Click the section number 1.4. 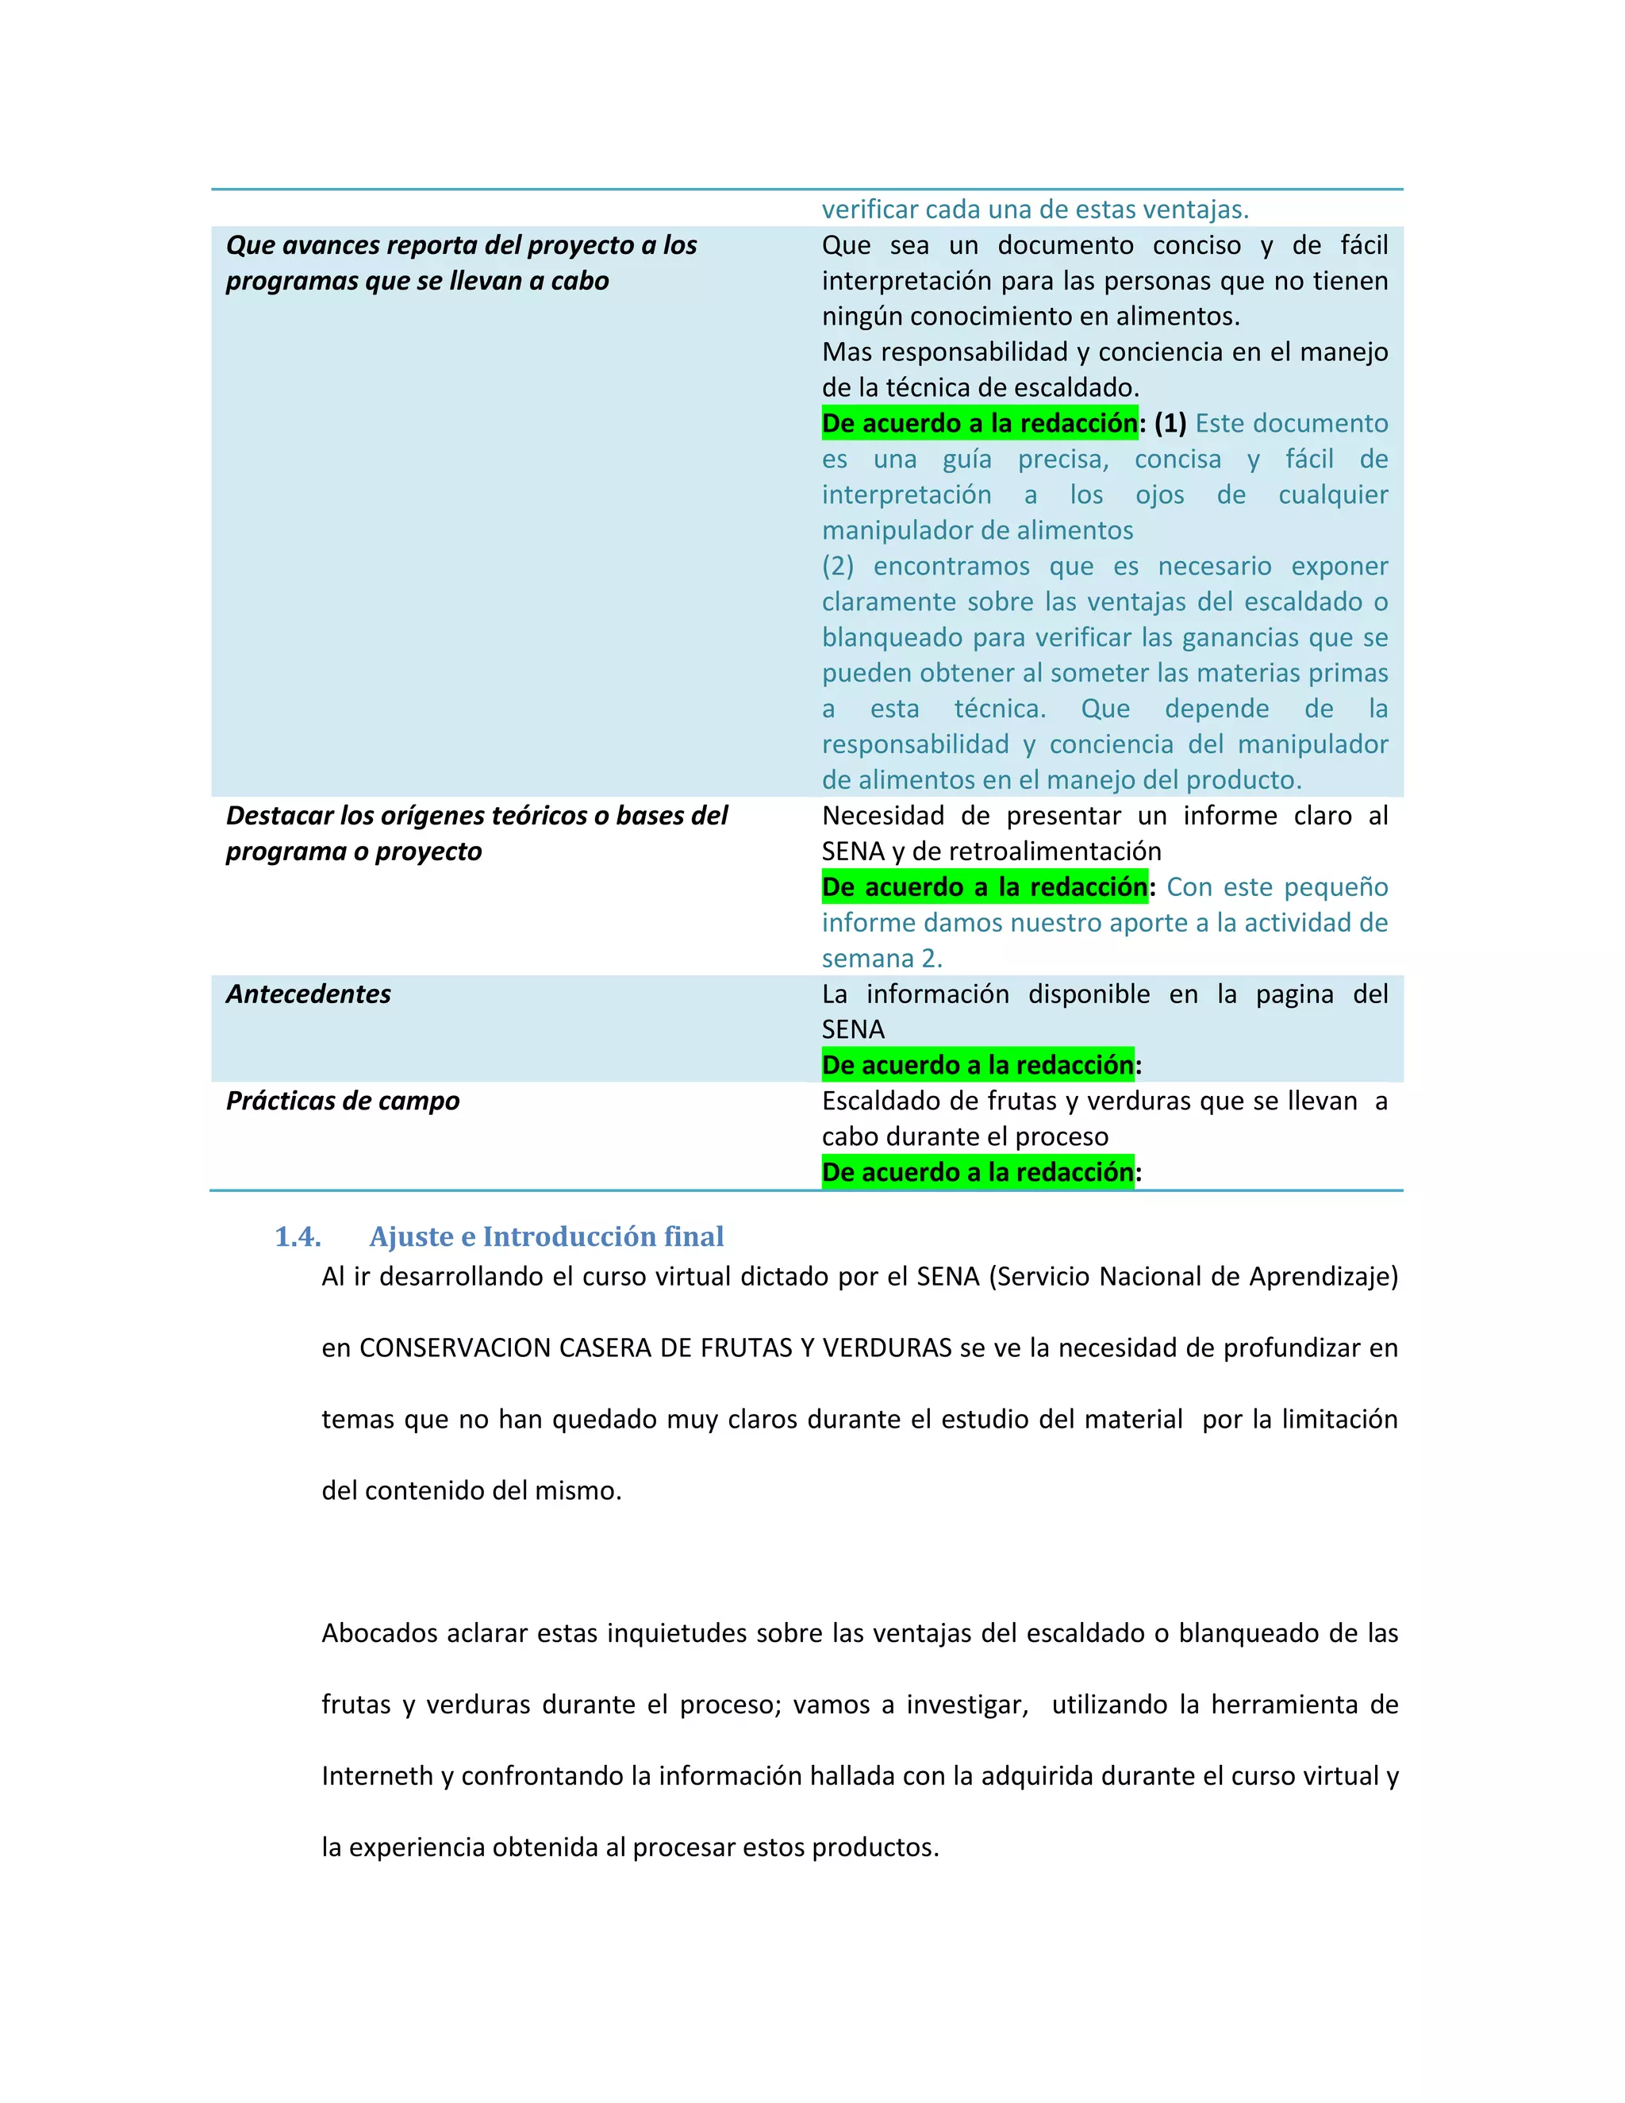tap(298, 1237)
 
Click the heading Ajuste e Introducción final tap(546, 1237)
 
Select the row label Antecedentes tap(308, 994)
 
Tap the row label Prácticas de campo tap(342, 1101)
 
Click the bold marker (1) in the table tap(1170, 424)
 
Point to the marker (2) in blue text tap(838, 566)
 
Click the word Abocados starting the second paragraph tap(378, 1634)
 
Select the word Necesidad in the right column tap(883, 817)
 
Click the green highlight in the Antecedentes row tap(977, 1066)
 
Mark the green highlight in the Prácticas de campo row tap(977, 1173)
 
